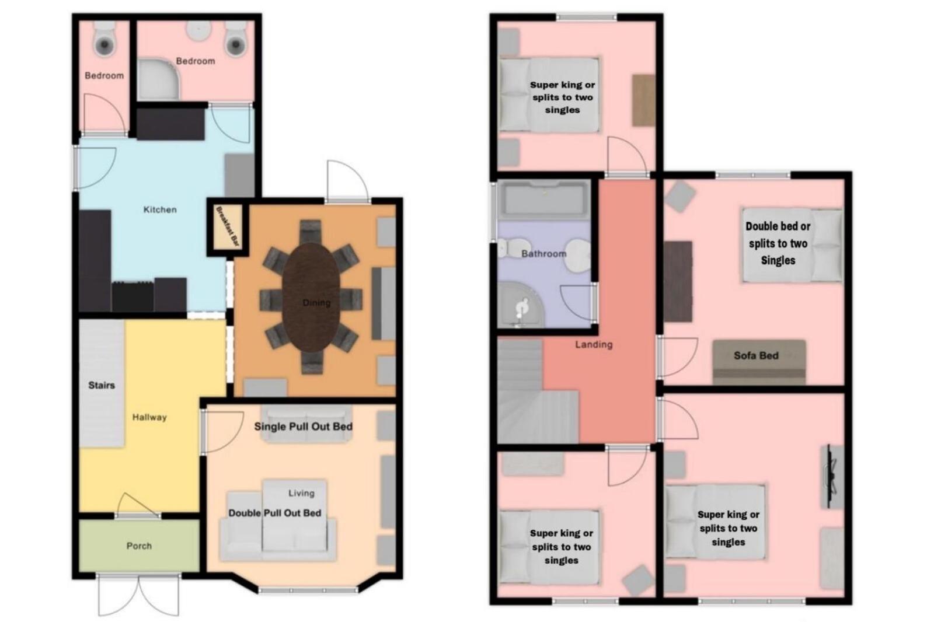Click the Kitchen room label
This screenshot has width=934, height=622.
click(x=160, y=209)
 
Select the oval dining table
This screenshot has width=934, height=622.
click(x=311, y=297)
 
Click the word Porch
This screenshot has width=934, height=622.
click(x=140, y=546)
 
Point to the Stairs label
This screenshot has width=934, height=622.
click(x=102, y=385)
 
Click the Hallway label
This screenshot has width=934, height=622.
click(x=149, y=417)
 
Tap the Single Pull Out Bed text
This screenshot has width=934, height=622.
click(x=303, y=427)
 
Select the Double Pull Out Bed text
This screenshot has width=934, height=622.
click(x=275, y=513)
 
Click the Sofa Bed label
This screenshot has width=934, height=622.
click(x=756, y=355)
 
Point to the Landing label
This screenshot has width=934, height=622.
click(x=594, y=344)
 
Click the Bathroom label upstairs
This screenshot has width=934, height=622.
click(x=543, y=253)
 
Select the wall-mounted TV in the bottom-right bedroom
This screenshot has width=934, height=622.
click(x=832, y=477)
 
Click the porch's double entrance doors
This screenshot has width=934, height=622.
click(x=139, y=595)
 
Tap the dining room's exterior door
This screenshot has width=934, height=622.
click(x=348, y=182)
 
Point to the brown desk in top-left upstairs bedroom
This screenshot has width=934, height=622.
click(x=643, y=100)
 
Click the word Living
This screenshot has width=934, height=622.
click(x=301, y=493)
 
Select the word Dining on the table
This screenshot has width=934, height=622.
click(x=316, y=303)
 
